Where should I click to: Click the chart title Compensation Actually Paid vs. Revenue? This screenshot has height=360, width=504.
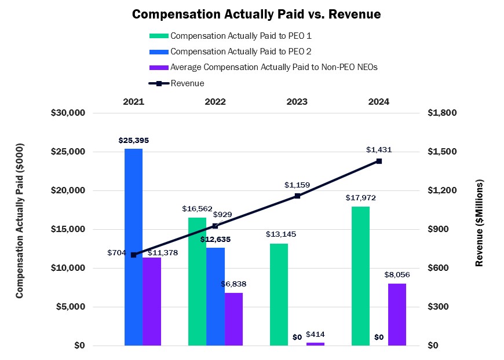[x=257, y=14]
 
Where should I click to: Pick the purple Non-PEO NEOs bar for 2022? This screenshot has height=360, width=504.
[x=233, y=319]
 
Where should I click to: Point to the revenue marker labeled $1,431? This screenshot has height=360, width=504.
[x=379, y=161]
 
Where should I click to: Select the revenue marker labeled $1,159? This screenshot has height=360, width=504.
[x=297, y=196]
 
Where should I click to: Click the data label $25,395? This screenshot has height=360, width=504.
[x=134, y=140]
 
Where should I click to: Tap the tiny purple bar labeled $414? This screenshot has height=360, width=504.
[x=315, y=344]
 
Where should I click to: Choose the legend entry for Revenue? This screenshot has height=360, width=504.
[x=177, y=83]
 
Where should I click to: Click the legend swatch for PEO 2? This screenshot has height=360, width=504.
[x=159, y=52]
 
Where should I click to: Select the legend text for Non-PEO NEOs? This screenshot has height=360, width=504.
[x=274, y=68]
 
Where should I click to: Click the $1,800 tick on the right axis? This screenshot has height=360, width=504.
[x=442, y=113]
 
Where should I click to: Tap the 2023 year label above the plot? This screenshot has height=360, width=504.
[x=297, y=101]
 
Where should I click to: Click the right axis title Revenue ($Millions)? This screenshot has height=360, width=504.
[x=479, y=223]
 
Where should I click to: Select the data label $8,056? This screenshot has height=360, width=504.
[x=397, y=274]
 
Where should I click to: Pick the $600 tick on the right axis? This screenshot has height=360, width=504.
[x=439, y=268]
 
